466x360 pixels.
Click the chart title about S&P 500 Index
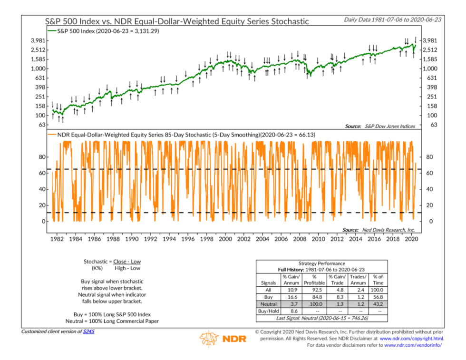click(x=177, y=21)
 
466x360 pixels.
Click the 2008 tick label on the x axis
click(x=300, y=239)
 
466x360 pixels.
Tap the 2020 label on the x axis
click(x=411, y=239)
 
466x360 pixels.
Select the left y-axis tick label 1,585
click(x=38, y=59)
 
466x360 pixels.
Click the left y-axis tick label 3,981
click(x=38, y=41)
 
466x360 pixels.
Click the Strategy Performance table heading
click(x=322, y=263)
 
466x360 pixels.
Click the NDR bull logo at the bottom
click(x=209, y=339)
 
